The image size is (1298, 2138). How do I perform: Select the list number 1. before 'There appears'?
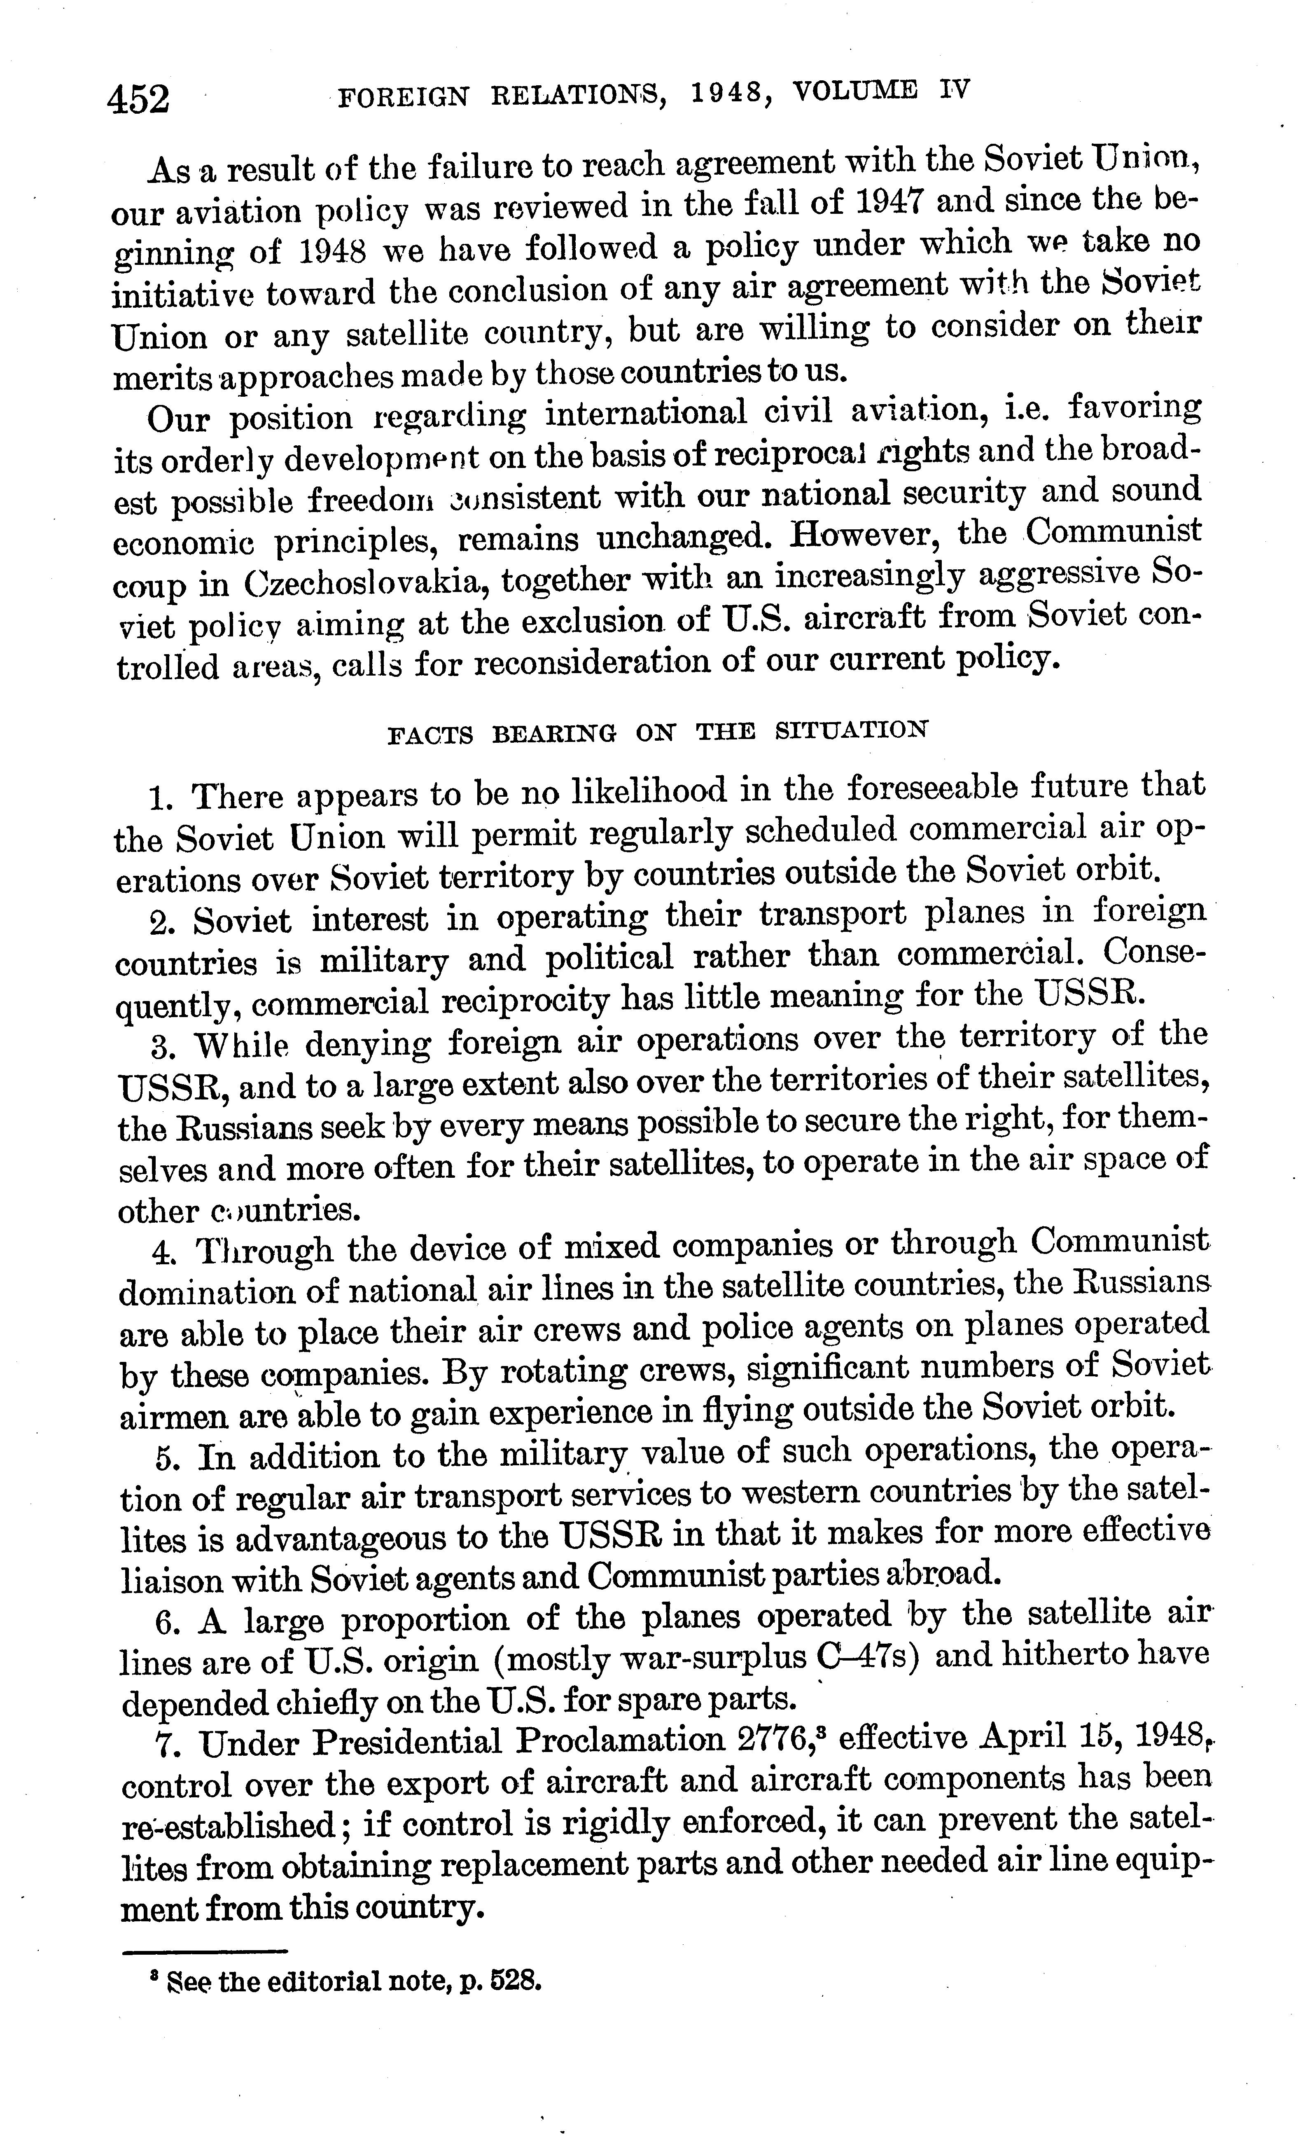(x=163, y=797)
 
